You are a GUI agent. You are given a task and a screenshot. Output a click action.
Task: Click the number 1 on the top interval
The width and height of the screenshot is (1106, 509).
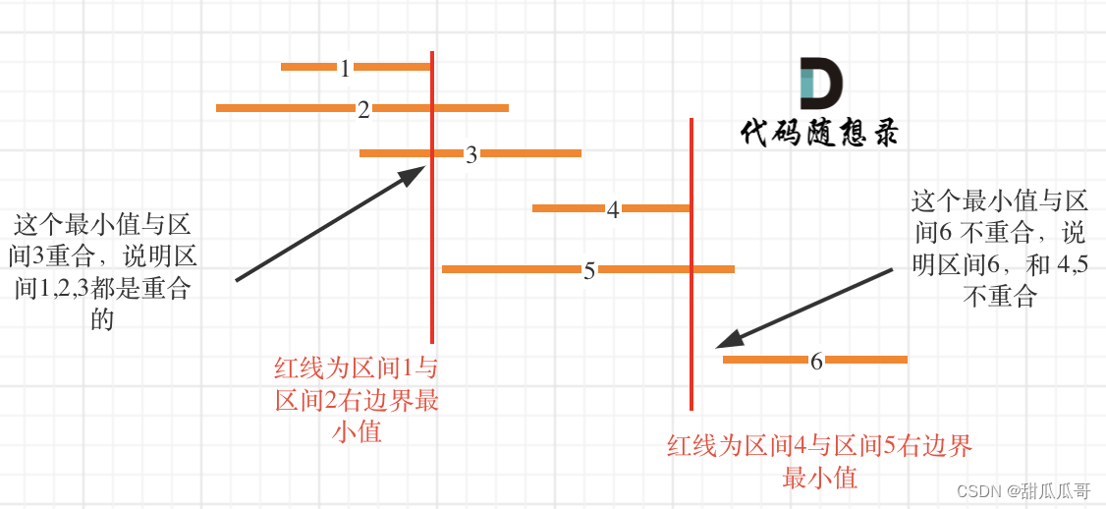pyautogui.click(x=345, y=68)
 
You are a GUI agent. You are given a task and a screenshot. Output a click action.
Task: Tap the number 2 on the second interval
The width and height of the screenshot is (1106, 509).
pyautogui.click(x=363, y=109)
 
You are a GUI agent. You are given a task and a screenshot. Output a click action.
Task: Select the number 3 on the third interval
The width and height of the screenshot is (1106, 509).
pyautogui.click(x=471, y=154)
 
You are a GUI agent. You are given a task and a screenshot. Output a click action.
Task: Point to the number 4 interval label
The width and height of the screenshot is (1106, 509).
pyautogui.click(x=613, y=209)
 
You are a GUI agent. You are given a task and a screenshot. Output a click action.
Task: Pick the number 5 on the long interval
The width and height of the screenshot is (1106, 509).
pyautogui.click(x=589, y=270)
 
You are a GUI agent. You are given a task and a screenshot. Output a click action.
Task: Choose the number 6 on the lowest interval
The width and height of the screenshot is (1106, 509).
pyautogui.click(x=816, y=361)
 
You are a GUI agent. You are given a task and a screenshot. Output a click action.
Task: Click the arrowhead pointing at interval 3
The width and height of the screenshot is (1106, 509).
pyautogui.click(x=413, y=174)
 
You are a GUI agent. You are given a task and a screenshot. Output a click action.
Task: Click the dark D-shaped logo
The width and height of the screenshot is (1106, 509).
pyautogui.click(x=820, y=84)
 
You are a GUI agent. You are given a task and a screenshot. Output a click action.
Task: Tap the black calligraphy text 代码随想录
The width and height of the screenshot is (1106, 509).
pyautogui.click(x=819, y=133)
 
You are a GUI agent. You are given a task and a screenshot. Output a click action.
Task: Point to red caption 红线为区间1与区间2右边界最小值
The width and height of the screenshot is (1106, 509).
pyautogui.click(x=357, y=400)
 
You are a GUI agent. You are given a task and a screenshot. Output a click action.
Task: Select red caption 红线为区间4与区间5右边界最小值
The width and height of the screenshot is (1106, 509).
pyautogui.click(x=819, y=462)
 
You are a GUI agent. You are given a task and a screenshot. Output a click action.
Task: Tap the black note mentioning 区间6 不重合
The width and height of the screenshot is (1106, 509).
pyautogui.click(x=1000, y=249)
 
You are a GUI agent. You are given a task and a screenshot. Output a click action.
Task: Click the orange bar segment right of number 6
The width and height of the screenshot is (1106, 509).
pyautogui.click(x=866, y=361)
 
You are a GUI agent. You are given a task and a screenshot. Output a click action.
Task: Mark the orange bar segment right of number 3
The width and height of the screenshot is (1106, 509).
pyautogui.click(x=530, y=153)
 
